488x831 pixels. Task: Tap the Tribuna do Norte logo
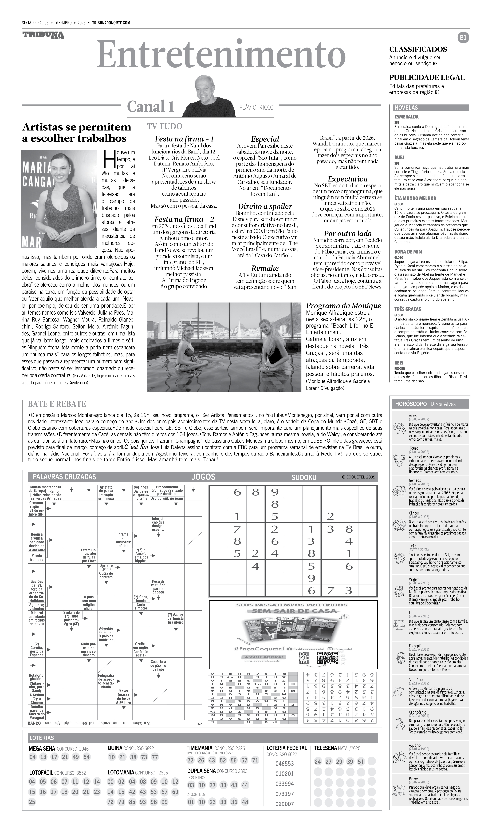pos(43,35)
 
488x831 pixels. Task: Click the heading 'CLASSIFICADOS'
pos(418,49)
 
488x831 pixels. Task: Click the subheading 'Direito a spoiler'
pos(265,206)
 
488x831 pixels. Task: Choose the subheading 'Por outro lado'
pos(348,234)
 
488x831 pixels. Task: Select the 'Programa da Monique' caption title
pos(343,306)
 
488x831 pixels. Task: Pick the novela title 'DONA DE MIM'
pos(408,252)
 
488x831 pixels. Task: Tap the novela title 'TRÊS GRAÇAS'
pos(408,309)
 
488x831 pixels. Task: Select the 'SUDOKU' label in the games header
pos(304,477)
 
